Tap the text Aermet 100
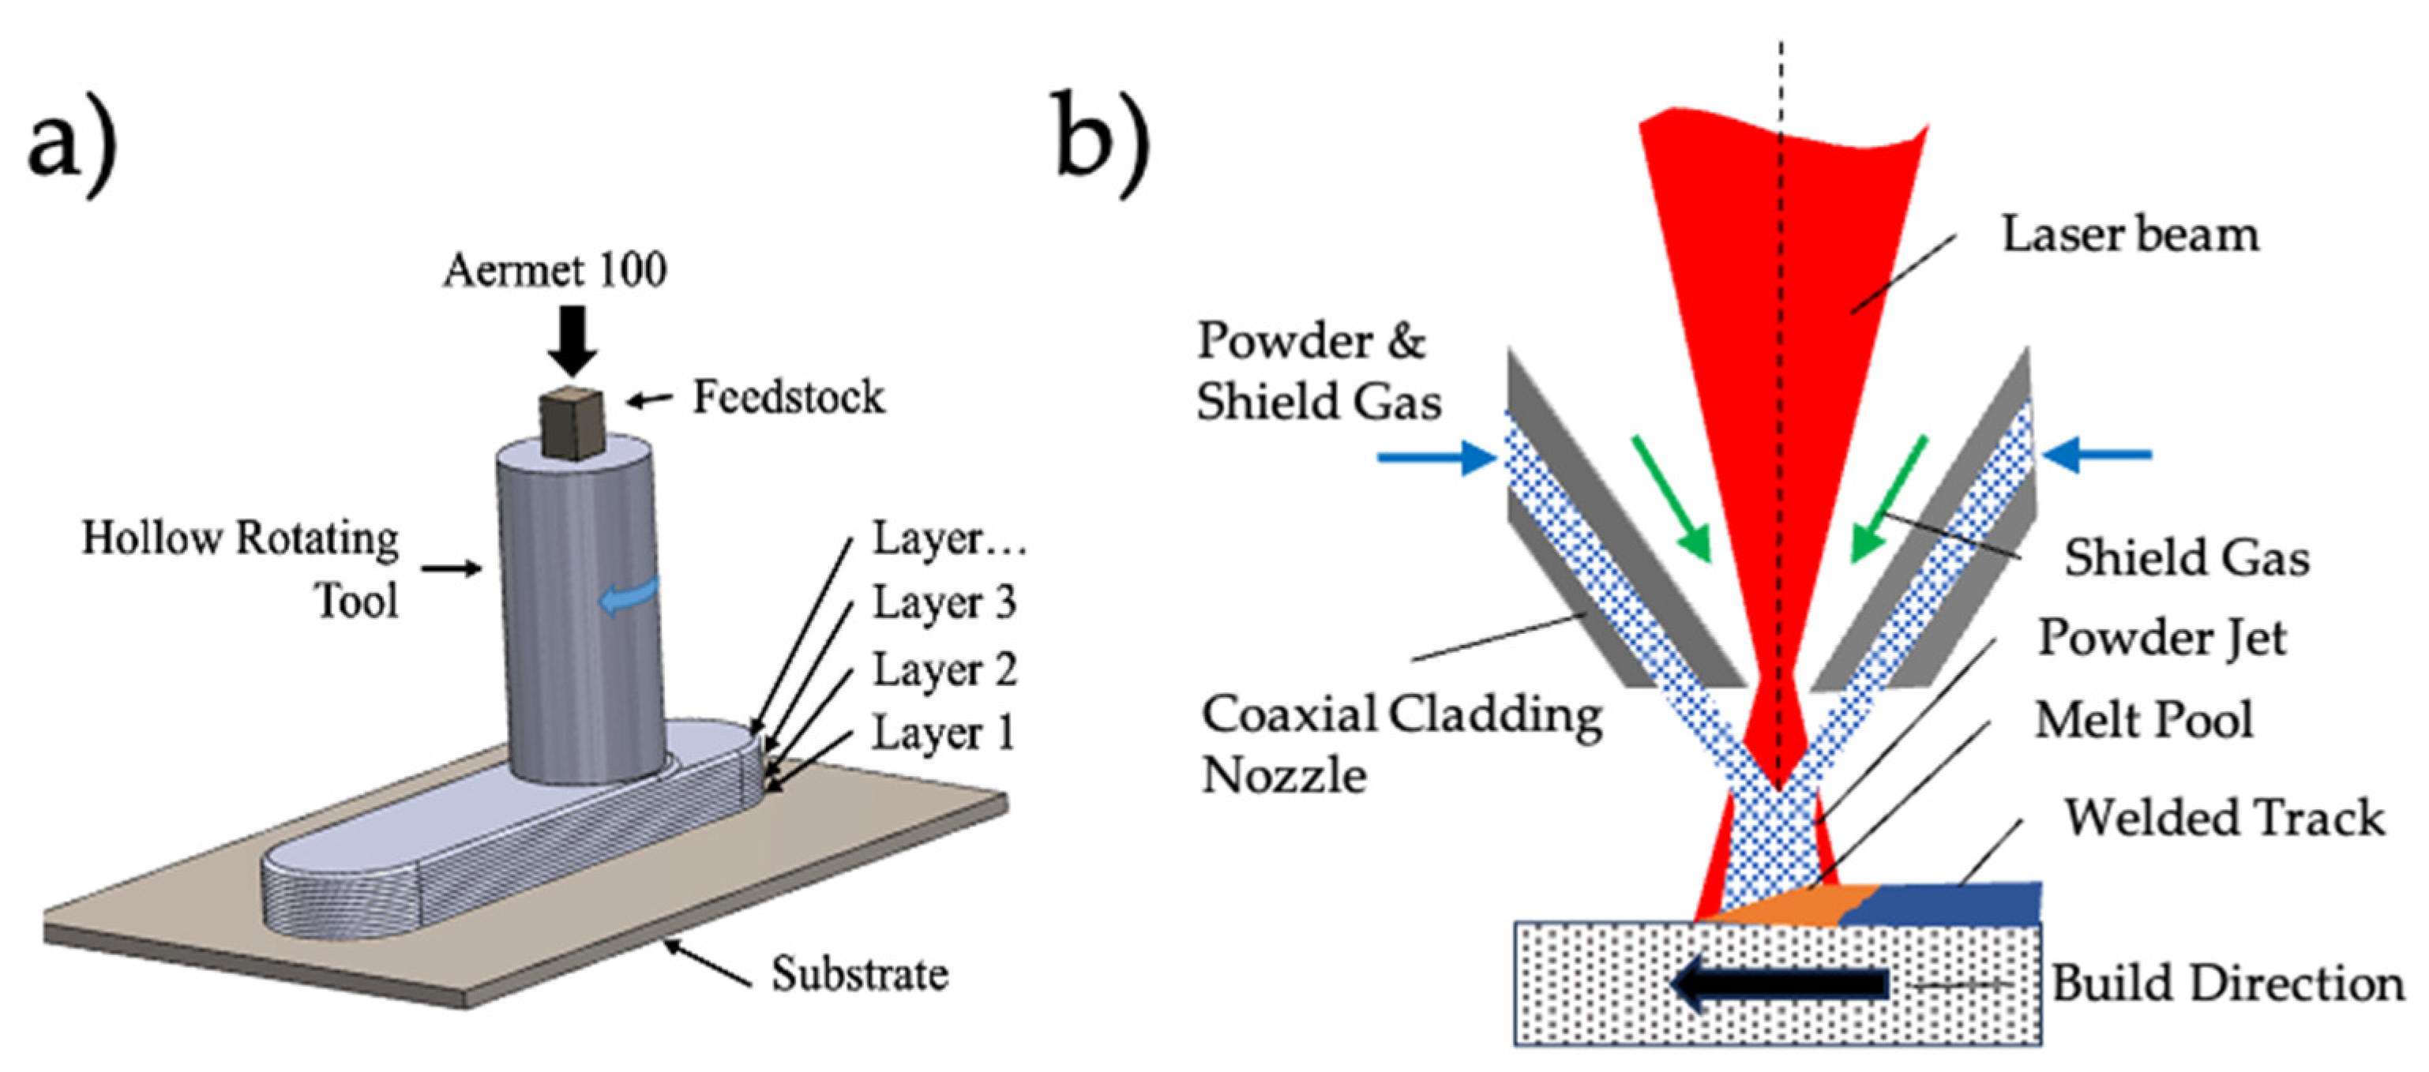pos(555,270)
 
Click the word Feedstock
pos(788,397)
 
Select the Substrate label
pos(859,974)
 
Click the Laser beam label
pos(2130,234)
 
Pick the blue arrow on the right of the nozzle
pos(2097,455)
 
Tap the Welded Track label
pos(2224,818)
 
